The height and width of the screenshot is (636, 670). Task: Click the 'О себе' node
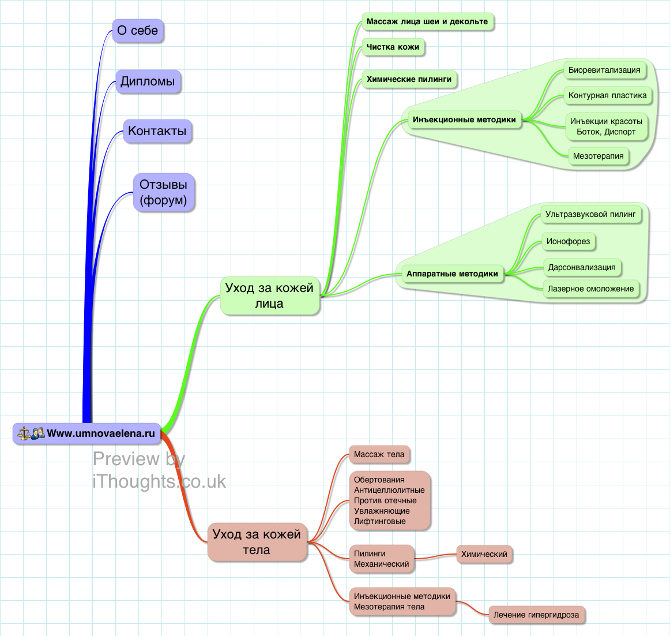coord(138,31)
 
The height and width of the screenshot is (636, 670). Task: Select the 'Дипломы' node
coord(148,81)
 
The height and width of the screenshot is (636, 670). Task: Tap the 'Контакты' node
coord(157,131)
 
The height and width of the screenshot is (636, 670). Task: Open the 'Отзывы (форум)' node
coord(164,192)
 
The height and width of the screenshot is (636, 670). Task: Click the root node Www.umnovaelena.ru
coord(100,433)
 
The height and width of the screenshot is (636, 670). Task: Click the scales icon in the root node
coord(24,433)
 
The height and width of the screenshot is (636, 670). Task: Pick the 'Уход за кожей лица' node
coord(269,295)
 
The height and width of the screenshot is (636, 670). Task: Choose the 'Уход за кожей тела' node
coord(257,542)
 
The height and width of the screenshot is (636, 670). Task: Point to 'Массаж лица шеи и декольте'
coord(427,22)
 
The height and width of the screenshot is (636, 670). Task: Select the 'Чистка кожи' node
coord(393,47)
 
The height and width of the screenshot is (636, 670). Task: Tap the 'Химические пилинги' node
coord(409,79)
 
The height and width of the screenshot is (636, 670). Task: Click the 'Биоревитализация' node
coord(604,70)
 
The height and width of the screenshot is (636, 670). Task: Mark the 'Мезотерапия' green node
coord(598,156)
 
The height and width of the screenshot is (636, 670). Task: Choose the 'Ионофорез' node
coord(568,242)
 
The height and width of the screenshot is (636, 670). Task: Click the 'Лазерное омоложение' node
coord(590,289)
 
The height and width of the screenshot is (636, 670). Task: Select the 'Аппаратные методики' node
coord(452,274)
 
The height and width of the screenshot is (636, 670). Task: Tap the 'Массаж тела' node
coord(379,455)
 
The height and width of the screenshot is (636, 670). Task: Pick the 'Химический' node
coord(484,555)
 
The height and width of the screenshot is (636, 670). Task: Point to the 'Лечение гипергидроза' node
coord(536,615)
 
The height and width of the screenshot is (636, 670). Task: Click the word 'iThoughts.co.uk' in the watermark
coord(159,481)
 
